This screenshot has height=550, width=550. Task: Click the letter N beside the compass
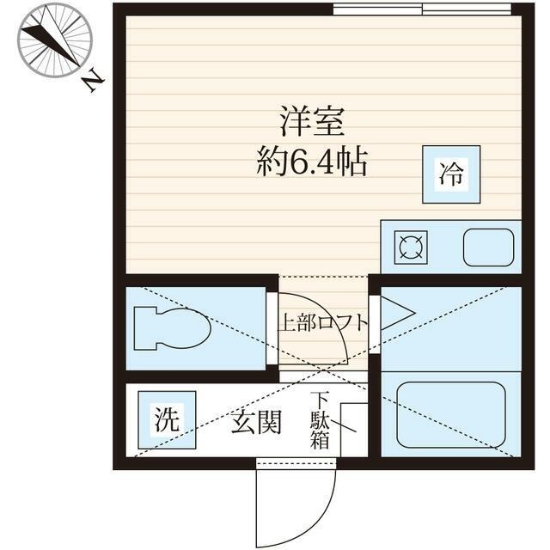point(94,80)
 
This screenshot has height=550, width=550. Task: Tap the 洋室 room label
point(311,123)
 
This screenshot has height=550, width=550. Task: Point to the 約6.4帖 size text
point(312,161)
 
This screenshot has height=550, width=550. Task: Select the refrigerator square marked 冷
point(451,175)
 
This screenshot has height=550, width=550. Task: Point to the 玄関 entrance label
point(256,422)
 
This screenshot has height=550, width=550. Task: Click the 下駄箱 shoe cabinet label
point(320,420)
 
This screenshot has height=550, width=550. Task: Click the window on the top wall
point(426,9)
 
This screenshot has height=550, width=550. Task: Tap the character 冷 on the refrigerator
point(451,175)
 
